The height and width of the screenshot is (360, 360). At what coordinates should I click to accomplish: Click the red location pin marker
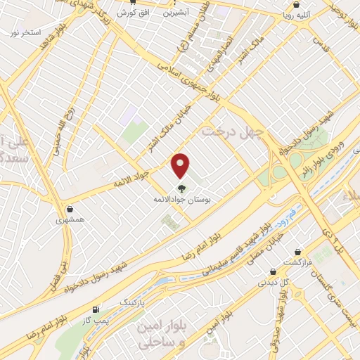click(181, 165)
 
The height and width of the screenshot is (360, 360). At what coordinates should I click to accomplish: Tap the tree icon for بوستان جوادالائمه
click(181, 188)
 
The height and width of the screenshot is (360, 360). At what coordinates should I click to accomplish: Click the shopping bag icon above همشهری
click(70, 209)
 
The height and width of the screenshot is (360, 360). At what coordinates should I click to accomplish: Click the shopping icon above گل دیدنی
click(273, 271)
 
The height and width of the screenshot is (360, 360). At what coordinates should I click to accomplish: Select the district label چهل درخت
click(232, 132)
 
